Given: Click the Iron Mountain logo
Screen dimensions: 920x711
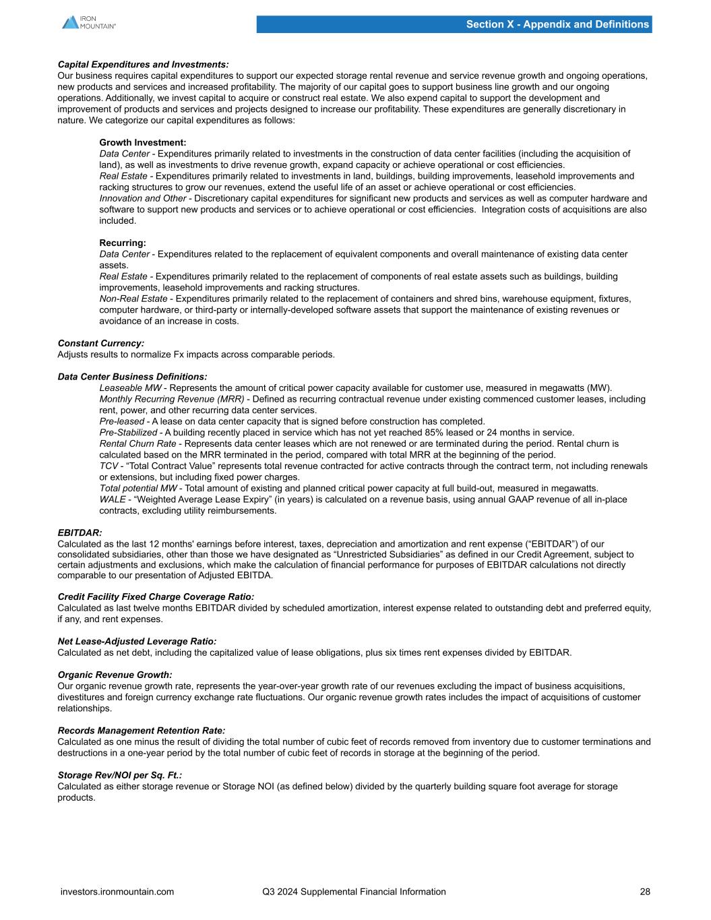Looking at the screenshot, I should click(x=89, y=22).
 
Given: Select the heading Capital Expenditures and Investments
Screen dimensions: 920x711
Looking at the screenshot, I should click(x=143, y=65).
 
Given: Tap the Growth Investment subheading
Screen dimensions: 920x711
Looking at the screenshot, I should click(x=142, y=143).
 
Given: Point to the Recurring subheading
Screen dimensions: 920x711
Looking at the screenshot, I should click(x=123, y=243).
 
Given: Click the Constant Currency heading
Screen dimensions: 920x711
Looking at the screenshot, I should click(x=100, y=344).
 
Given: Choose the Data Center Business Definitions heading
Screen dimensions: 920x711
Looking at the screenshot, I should click(x=132, y=377).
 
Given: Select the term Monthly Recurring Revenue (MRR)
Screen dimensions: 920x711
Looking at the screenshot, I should click(x=171, y=399).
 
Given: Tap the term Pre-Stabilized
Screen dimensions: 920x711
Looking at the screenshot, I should click(x=129, y=433).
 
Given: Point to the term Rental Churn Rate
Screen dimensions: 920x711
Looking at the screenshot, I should click(x=137, y=444).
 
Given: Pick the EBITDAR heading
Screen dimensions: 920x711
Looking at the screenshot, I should click(x=80, y=533).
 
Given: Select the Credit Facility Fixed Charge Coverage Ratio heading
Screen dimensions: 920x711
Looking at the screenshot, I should click(x=156, y=597).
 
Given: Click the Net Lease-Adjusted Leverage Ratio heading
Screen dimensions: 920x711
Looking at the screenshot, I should click(x=137, y=642).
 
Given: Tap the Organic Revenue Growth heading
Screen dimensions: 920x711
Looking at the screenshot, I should click(x=115, y=675).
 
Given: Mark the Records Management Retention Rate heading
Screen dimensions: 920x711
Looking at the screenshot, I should click(x=142, y=731).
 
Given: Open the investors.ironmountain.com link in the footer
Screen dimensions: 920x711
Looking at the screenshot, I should click(x=117, y=892).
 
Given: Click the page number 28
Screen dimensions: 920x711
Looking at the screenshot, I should click(x=645, y=892).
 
